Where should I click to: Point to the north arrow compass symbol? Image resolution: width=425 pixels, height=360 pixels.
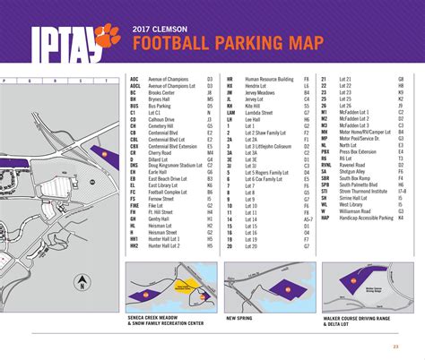coord(81,286)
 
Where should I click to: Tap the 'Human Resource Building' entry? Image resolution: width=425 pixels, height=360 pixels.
coord(270,79)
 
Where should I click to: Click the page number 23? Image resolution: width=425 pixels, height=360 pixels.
coord(395,347)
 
